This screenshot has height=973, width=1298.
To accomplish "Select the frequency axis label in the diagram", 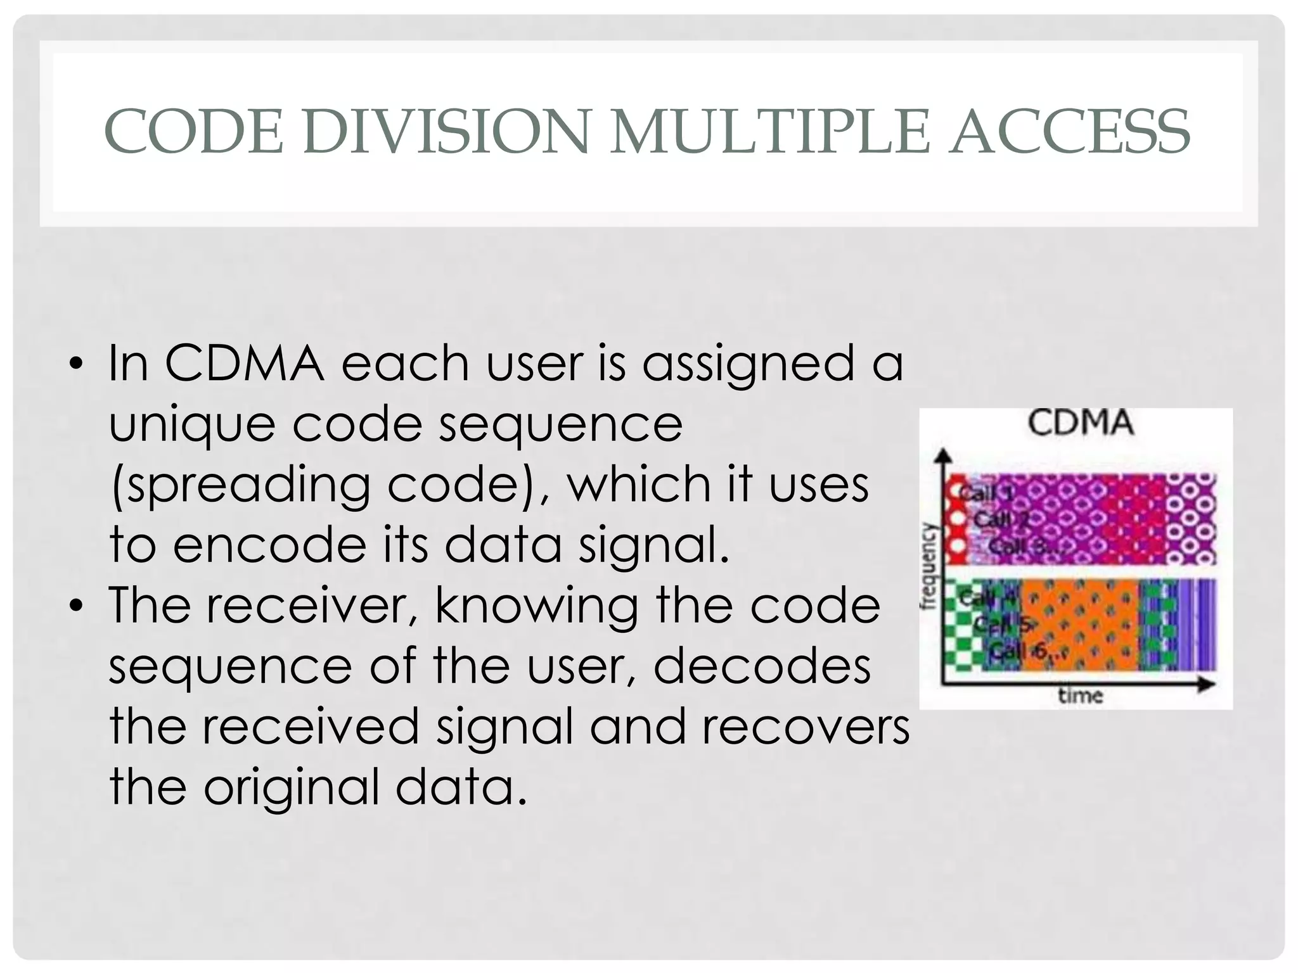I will tap(929, 566).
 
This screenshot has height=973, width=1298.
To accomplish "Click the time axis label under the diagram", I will tap(1081, 696).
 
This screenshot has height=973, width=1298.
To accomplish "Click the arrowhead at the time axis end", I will tap(1207, 685).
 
